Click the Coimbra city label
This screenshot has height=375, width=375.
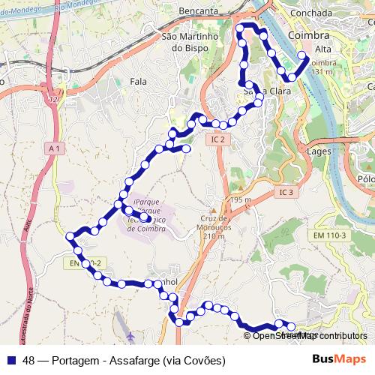pyautogui.click(x=307, y=36)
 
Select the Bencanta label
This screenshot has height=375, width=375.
pyautogui.click(x=199, y=12)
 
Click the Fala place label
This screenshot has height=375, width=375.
pyautogui.click(x=138, y=81)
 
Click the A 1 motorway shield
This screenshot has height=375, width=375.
pyautogui.click(x=53, y=149)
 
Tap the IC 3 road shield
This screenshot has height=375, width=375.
pyautogui.click(x=283, y=193)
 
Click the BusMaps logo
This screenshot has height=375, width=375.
pyautogui.click(x=340, y=358)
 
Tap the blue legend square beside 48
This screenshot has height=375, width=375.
pyautogui.click(x=13, y=360)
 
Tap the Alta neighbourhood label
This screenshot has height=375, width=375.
pyautogui.click(x=303, y=49)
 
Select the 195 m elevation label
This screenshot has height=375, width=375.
pyautogui.click(x=242, y=200)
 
